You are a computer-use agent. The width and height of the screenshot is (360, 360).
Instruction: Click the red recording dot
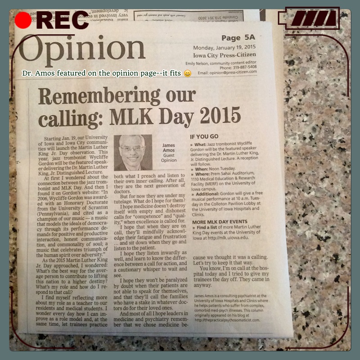23,20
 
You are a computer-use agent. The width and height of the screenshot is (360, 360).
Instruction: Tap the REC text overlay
63,21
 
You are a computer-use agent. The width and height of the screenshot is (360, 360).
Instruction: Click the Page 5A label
238,39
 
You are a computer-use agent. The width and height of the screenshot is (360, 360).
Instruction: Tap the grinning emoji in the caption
188,73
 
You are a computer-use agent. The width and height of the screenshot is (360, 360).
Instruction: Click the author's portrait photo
133,153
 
